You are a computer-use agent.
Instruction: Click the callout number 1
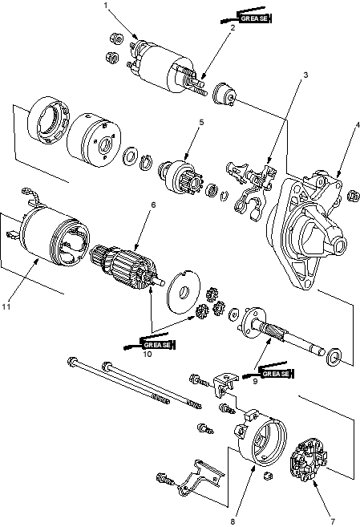106,5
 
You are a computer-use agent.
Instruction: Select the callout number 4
358,125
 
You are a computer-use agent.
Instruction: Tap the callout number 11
6,306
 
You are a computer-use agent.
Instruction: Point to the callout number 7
333,521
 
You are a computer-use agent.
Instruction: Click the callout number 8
233,521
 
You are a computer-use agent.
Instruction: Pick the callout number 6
153,205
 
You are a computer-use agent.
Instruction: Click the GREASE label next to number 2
254,18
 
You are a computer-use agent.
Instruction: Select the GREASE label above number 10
158,345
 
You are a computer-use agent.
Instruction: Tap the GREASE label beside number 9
276,374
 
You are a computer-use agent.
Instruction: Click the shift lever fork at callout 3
250,190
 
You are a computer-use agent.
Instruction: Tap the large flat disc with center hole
184,291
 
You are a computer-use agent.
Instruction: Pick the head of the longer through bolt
71,362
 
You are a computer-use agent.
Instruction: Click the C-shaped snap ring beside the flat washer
145,162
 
